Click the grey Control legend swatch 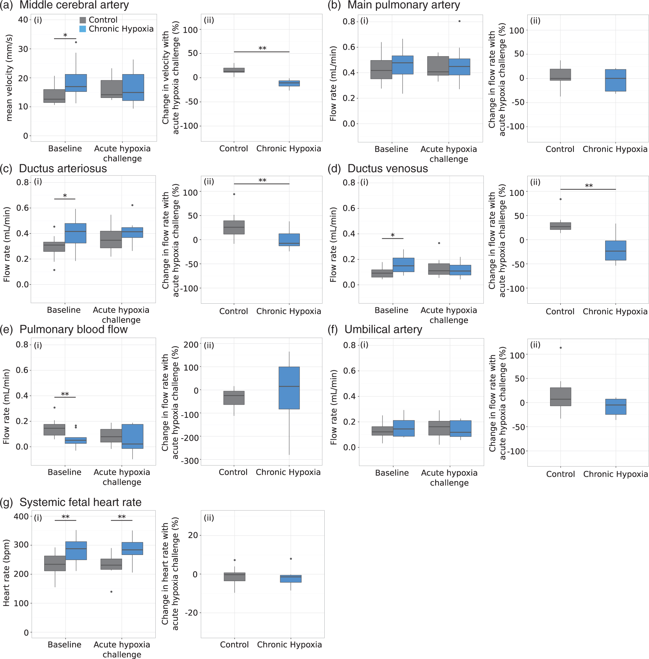[x=83, y=20]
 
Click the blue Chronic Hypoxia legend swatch [x=83, y=29]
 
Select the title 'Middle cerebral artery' [x=74, y=5]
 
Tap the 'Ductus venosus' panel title [x=388, y=168]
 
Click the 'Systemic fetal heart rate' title [x=81, y=502]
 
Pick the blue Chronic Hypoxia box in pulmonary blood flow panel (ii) [x=289, y=388]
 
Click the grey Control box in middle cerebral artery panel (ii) [x=234, y=70]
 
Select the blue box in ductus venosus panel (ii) [x=616, y=251]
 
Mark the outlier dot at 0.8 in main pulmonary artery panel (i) [x=460, y=21]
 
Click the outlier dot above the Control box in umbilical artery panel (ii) [x=561, y=348]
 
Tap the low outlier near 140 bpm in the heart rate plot [x=112, y=592]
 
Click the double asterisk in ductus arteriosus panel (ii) [x=262, y=180]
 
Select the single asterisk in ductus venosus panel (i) [x=393, y=235]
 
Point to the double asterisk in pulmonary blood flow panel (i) [x=65, y=394]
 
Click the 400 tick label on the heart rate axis [x=21, y=517]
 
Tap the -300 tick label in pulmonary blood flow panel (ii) [x=190, y=461]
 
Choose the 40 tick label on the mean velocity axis [x=23, y=20]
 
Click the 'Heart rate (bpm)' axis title [x=6, y=573]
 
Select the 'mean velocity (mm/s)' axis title [x=9, y=78]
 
